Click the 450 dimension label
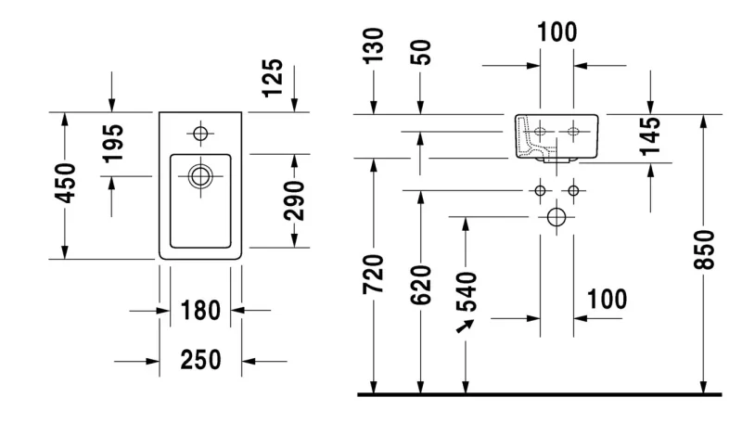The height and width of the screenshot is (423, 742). pyautogui.click(x=65, y=183)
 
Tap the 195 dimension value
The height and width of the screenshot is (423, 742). pyautogui.click(x=113, y=144)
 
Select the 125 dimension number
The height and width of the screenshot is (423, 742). pyautogui.click(x=273, y=78)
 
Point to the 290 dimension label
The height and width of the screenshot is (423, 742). pyautogui.click(x=294, y=200)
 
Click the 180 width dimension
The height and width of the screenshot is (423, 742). pyautogui.click(x=200, y=311)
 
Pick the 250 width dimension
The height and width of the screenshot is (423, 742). pyautogui.click(x=200, y=360)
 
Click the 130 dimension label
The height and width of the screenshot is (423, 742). pyautogui.click(x=374, y=45)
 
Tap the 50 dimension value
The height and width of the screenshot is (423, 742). pyautogui.click(x=421, y=52)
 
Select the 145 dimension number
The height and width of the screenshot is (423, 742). pyautogui.click(x=650, y=136)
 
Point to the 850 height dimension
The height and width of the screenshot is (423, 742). pyautogui.click(x=704, y=250)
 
